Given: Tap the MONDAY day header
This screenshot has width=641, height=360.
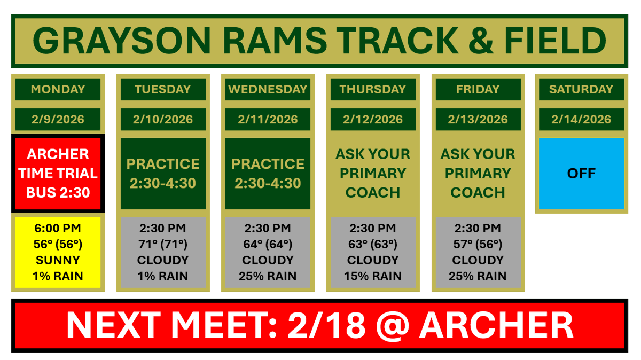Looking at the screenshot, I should [58, 89].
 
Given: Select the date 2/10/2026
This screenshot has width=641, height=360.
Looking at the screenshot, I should [163, 119].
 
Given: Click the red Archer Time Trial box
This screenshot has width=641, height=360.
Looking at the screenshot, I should [58, 174].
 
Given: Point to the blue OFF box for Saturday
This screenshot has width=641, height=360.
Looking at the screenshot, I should [581, 174].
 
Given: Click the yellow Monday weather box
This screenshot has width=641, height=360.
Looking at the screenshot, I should [58, 252].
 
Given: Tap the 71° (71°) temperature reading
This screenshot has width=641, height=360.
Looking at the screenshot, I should [163, 244].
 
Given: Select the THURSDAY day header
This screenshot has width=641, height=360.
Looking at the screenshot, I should [373, 89].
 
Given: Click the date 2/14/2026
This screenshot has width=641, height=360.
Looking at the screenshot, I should [581, 119].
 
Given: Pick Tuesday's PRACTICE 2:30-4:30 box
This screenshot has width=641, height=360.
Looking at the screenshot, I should [163, 174].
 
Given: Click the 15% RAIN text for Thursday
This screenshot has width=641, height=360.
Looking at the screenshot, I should [373, 276].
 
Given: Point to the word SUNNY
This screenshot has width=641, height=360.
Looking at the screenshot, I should [58, 260].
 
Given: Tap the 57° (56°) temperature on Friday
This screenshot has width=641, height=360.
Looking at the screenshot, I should [478, 244].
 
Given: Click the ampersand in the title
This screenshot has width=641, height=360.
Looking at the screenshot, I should [484, 41].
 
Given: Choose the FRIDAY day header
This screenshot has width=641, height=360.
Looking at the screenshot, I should [478, 89].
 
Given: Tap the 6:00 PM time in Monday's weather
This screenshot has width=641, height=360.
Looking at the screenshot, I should [58, 228].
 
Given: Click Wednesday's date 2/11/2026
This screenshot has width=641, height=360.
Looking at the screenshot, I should [268, 119].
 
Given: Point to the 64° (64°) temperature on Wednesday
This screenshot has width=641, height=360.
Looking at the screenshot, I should [268, 244].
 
